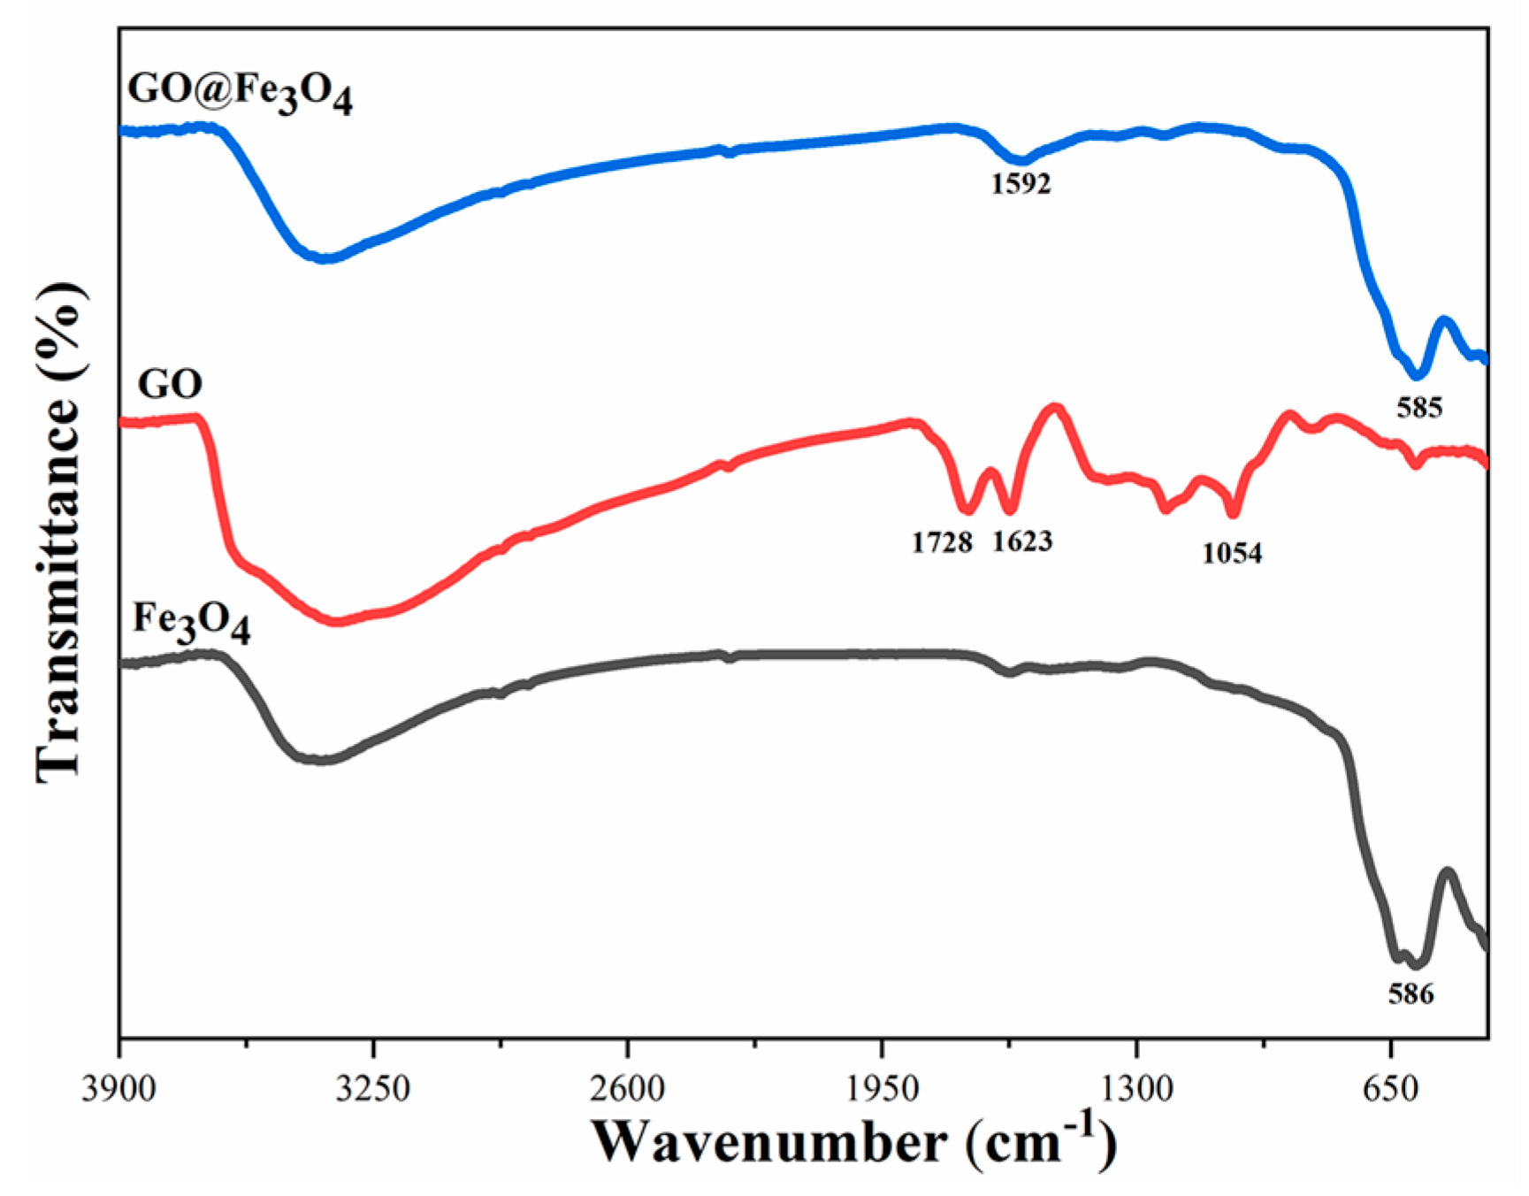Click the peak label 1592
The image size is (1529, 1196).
tap(1021, 184)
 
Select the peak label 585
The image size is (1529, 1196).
tap(1418, 408)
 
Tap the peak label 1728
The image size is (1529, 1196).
tap(942, 541)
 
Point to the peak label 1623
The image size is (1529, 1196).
tap(1022, 541)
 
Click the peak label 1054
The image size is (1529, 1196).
tap(1232, 554)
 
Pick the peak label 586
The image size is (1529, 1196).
tap(1411, 993)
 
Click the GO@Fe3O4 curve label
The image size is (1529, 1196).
tap(240, 92)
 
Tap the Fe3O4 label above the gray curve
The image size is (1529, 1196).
tap(191, 622)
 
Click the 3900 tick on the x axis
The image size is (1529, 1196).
tap(119, 1086)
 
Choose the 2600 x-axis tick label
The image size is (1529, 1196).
tap(628, 1086)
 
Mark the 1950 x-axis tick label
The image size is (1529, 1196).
tap(882, 1086)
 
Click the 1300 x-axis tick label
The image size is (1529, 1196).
tap(1136, 1086)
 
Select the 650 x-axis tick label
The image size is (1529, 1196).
tap(1391, 1086)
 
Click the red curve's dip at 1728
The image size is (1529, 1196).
tap(967, 510)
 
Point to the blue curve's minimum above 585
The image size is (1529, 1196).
tap(1418, 373)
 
